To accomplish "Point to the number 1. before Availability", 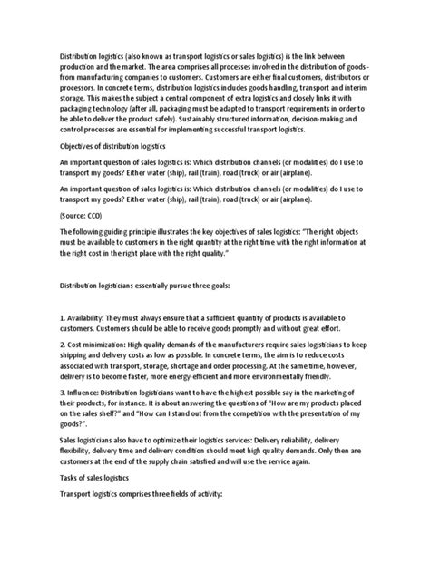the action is pos(38,318).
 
